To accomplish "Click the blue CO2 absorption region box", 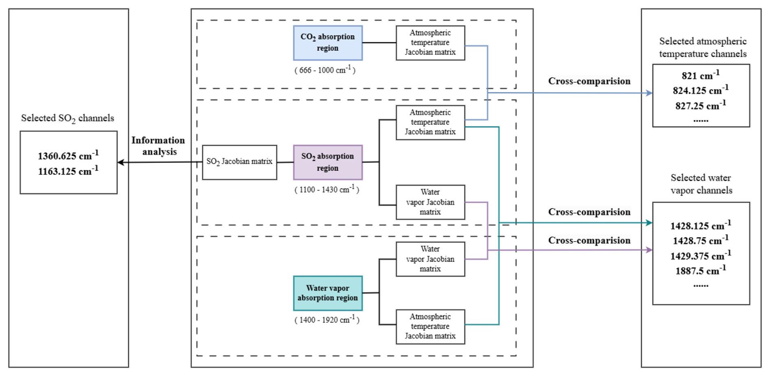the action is click(328, 43).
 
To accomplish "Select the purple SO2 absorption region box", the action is click(328, 162).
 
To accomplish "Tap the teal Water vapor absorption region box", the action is click(328, 293).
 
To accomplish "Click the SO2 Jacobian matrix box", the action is click(239, 162).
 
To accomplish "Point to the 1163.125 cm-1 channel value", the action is click(68, 170).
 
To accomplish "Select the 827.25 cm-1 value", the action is click(701, 105).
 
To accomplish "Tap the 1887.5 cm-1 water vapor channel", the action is click(701, 270).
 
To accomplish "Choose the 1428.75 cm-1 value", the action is click(701, 240).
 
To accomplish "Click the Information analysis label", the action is click(158, 146).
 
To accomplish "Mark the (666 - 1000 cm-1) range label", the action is click(325, 70).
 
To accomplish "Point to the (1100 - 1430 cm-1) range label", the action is click(327, 189).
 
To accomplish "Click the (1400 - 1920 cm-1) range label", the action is click(327, 319).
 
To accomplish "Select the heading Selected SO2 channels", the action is click(68, 118).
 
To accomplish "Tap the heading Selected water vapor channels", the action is click(701, 184).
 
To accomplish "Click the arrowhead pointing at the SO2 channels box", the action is click(120, 163).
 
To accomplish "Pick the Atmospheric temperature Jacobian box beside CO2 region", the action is click(430, 43).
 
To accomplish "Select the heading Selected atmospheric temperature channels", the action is click(703, 47).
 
